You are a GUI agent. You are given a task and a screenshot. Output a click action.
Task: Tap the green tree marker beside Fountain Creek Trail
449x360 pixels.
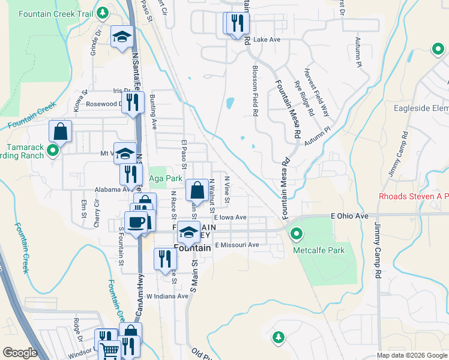103,12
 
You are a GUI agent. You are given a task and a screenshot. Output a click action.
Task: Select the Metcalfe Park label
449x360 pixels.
319,250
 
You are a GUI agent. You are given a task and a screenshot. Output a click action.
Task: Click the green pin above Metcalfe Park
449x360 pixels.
295,233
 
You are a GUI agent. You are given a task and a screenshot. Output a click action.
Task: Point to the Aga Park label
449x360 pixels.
165,178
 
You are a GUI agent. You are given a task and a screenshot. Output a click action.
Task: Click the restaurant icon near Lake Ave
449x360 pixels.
239,23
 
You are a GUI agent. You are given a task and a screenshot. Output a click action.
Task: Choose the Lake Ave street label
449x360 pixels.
267,40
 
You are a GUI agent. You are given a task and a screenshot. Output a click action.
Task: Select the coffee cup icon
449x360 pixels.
135,222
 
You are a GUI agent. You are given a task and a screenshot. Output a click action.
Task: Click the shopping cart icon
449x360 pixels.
109,351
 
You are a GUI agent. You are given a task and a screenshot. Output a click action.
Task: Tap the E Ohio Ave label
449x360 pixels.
348,215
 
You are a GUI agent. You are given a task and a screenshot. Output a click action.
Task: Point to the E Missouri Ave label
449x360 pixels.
237,245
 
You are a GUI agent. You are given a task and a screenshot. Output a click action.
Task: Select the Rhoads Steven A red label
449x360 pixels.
414,197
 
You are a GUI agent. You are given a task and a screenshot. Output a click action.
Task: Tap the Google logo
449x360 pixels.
20,353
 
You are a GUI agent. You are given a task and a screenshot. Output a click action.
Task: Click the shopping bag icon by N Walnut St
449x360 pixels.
197,190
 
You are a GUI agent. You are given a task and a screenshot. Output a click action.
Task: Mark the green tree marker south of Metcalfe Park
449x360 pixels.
278,338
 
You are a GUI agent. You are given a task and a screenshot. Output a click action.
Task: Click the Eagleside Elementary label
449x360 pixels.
421,109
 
